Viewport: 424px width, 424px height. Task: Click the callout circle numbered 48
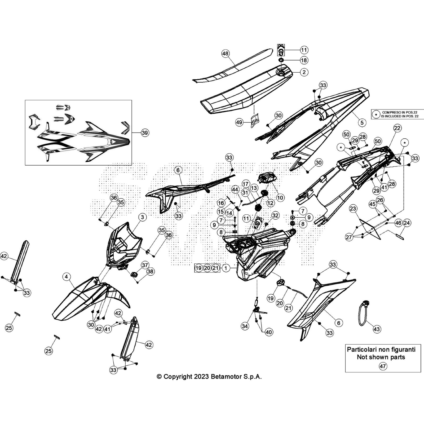click(225, 54)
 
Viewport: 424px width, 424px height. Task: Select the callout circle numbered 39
click(145, 132)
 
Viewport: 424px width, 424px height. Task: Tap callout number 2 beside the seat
click(304, 72)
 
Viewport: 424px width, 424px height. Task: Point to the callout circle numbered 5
click(362, 122)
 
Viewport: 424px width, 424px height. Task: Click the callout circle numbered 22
click(397, 128)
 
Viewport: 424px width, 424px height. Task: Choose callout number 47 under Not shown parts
click(383, 366)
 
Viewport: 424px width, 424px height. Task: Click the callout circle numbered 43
click(377, 329)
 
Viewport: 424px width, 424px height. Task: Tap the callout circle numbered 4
click(66, 277)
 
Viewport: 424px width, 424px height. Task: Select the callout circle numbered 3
click(142, 217)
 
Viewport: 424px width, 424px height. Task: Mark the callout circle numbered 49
click(239, 122)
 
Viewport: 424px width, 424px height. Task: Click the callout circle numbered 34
click(245, 326)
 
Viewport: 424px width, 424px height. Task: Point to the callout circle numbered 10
click(280, 197)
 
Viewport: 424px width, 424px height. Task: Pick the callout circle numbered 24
click(407, 223)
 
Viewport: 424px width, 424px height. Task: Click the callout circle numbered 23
click(353, 209)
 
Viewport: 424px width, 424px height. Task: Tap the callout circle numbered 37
click(145, 265)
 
